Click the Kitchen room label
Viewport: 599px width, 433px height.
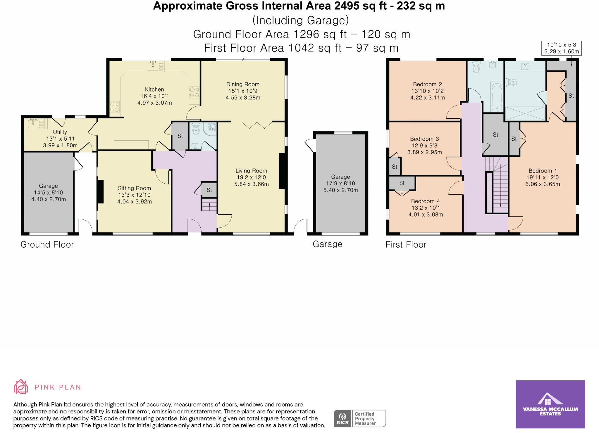coord(154,89)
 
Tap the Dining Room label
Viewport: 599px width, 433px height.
coord(243,84)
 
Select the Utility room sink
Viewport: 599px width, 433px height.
coord(35,124)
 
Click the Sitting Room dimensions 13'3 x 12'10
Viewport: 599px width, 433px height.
coord(134,195)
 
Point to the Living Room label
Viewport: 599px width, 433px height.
coord(251,171)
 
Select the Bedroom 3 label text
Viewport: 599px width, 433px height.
coord(424,139)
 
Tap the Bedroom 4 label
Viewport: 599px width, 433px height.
coord(425,201)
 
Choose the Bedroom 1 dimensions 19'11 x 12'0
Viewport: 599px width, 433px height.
coord(543,177)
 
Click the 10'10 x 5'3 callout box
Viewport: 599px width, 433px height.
coord(561,48)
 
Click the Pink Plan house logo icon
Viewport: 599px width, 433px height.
coord(21,387)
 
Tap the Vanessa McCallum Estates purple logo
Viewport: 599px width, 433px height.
coord(550,404)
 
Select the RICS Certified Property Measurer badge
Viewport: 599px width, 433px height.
coord(360,418)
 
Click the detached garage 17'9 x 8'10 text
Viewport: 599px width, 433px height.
coord(340,183)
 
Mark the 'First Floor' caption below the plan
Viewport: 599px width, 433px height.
coord(406,244)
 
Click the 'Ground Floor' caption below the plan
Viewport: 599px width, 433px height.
coord(47,244)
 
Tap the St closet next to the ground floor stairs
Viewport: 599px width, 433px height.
coord(209,190)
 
